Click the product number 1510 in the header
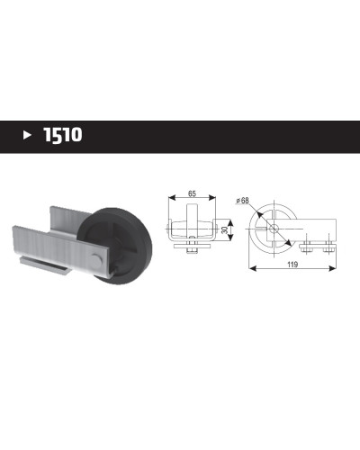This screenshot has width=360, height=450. (63, 135)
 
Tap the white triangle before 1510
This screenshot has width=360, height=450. (27, 135)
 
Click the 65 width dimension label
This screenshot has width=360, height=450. (192, 193)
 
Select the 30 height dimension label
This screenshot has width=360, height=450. (224, 230)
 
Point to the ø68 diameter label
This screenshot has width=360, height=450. (243, 200)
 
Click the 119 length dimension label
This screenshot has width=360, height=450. (292, 265)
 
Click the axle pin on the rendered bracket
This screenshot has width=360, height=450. (96, 260)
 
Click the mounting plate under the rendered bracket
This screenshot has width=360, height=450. (45, 265)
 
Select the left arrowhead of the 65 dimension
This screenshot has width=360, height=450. (172, 197)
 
